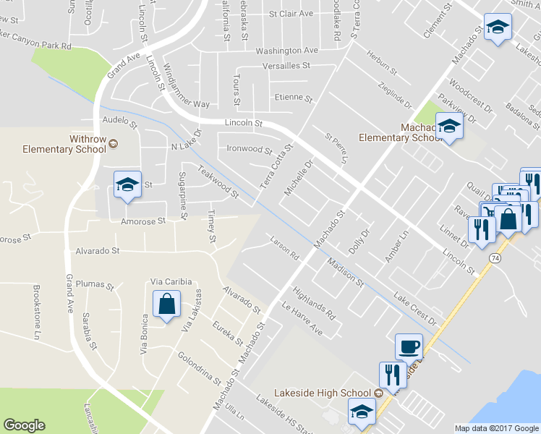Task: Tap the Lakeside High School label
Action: tap(323, 393)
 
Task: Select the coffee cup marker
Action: tap(409, 346)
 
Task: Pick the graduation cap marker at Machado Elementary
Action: tap(450, 127)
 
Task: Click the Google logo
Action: tap(24, 425)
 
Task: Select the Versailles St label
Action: tap(286, 65)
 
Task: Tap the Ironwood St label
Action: tap(248, 150)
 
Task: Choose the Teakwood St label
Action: tap(218, 184)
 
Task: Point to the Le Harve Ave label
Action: tap(302, 319)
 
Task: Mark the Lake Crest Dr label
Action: tap(416, 308)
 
